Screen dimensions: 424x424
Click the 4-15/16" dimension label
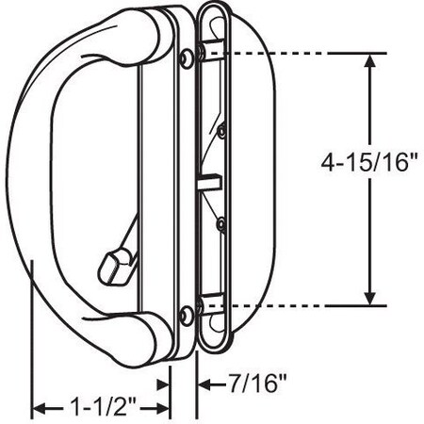coord(369,163)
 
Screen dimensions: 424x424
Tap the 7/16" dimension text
coord(257,383)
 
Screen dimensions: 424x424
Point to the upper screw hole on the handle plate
coord(187,57)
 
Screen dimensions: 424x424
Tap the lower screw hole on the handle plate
coord(188,316)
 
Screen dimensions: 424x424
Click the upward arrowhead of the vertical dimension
coord(371,60)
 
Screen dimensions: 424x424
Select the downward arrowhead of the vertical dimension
coord(370,299)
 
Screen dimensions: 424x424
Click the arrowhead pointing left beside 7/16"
coord(204,384)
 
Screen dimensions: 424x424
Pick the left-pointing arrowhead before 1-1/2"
coord(40,409)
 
